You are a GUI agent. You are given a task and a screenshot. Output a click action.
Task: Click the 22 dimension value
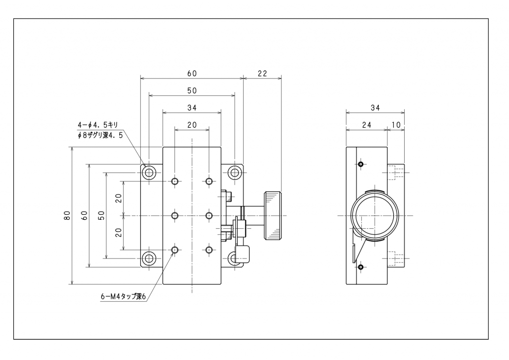pyautogui.click(x=262, y=74)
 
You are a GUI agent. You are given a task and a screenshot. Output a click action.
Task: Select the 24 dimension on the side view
pyautogui.click(x=366, y=125)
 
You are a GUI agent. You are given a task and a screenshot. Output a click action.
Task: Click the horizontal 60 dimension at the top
pyautogui.click(x=192, y=74)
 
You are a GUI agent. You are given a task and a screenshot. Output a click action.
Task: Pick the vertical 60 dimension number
pyautogui.click(x=85, y=216)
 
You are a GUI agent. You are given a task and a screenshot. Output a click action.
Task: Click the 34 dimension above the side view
pyautogui.click(x=375, y=107)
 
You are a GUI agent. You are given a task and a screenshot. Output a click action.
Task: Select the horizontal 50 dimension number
pyautogui.click(x=192, y=91)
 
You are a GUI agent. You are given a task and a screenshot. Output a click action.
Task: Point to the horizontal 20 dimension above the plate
pyautogui.click(x=192, y=125)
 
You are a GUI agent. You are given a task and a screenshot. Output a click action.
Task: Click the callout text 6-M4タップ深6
pyautogui.click(x=123, y=297)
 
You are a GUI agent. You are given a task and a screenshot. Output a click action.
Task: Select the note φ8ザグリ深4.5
pyautogui.click(x=100, y=135)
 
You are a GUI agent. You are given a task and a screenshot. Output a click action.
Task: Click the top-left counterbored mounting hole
pyautogui.click(x=149, y=173)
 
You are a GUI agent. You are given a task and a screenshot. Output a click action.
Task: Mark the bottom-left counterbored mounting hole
pyautogui.click(x=149, y=259)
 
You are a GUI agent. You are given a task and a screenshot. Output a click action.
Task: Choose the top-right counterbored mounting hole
pyautogui.click(x=235, y=173)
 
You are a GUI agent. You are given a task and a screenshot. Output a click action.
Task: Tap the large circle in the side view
pyautogui.click(x=375, y=216)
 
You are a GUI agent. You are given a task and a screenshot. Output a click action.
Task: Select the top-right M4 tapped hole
pyautogui.click(x=209, y=181)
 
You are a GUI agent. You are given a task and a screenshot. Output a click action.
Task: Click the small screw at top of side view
pyautogui.click(x=360, y=164)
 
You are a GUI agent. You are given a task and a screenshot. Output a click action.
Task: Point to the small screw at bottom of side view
pyautogui.click(x=360, y=268)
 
